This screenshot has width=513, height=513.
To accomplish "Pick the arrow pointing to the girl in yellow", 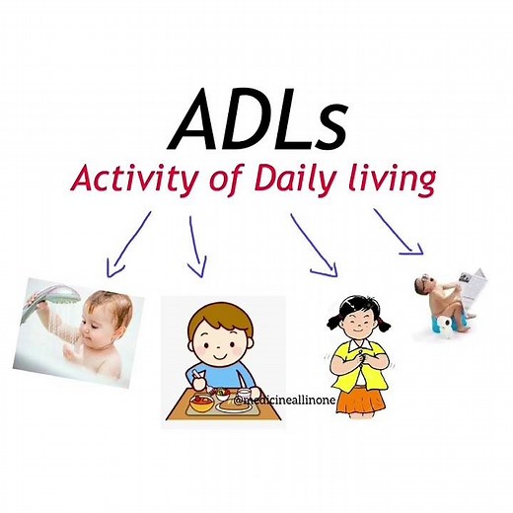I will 314,246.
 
